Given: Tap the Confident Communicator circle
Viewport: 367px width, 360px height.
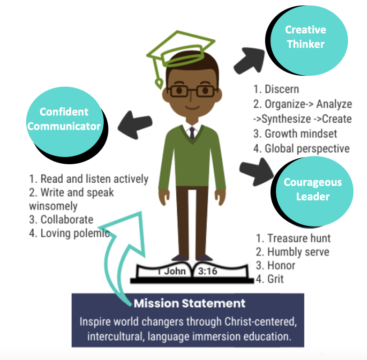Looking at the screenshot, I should (64, 119).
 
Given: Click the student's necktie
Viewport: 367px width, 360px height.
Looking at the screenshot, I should (193, 133).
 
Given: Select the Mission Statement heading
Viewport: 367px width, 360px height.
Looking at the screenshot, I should (189, 303).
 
